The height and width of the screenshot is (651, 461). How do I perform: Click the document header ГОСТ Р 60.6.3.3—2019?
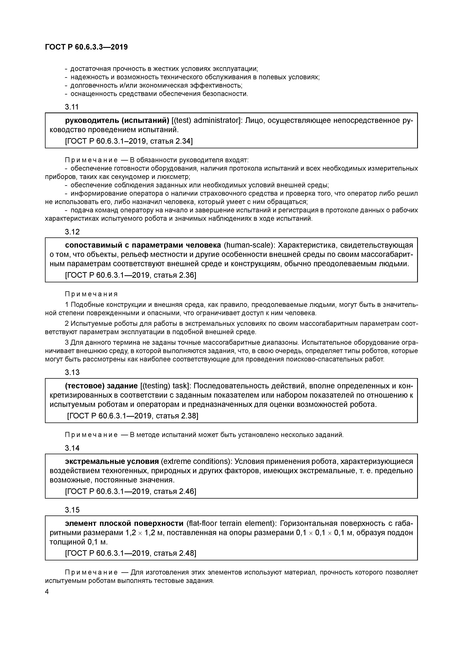click(86, 47)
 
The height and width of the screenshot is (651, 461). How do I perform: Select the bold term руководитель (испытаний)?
click(117, 120)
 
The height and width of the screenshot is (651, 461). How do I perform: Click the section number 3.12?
click(72, 232)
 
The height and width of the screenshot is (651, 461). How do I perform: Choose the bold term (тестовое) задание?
click(101, 386)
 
